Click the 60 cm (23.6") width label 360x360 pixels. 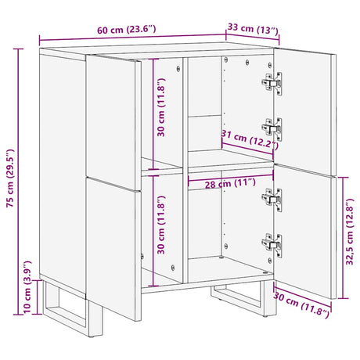click(125, 30)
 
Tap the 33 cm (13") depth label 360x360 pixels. click(253, 31)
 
